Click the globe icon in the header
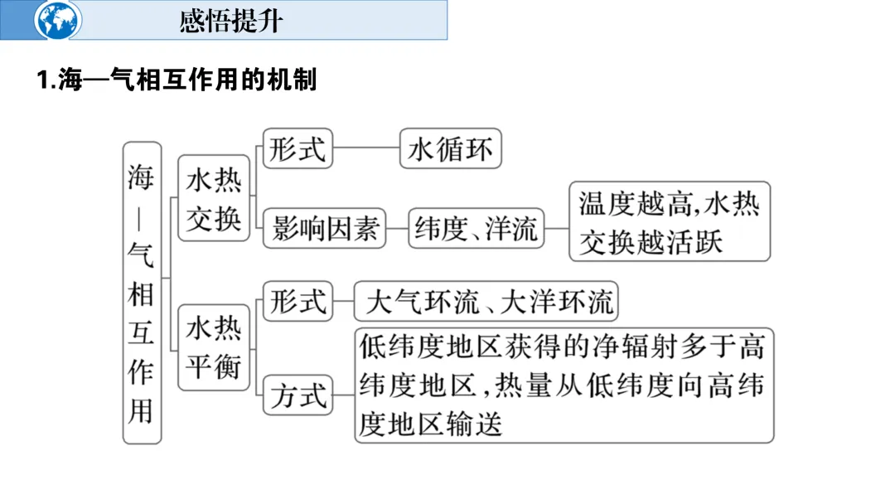pyautogui.click(x=59, y=20)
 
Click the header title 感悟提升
pyautogui.click(x=230, y=21)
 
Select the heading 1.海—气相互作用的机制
pyautogui.click(x=177, y=80)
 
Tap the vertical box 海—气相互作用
pyautogui.click(x=142, y=293)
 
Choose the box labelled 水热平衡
pyautogui.click(x=214, y=347)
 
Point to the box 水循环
pyautogui.click(x=450, y=150)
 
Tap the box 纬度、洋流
pyautogui.click(x=477, y=228)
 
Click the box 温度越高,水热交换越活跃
pyautogui.click(x=670, y=221)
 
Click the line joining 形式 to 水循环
pyautogui.click(x=365, y=150)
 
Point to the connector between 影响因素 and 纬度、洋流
pyautogui.click(x=398, y=228)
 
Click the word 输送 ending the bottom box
pyautogui.click(x=479, y=425)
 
